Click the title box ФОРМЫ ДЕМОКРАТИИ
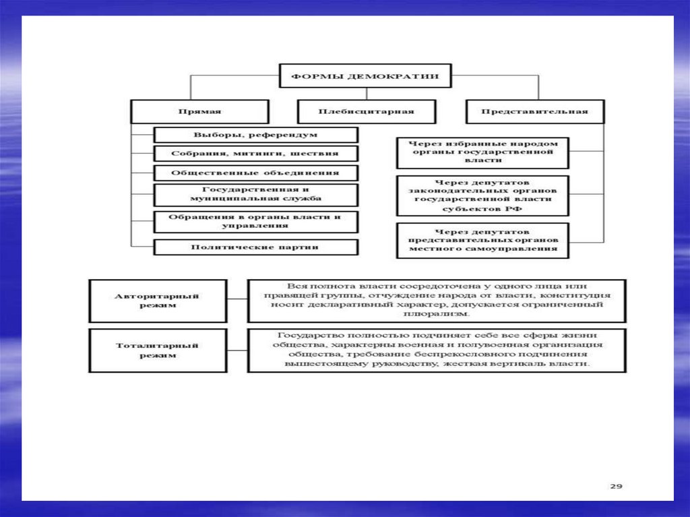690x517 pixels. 365,76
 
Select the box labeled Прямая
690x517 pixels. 199,111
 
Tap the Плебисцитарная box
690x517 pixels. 365,111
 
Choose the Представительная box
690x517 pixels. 534,111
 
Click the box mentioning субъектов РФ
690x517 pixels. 482,195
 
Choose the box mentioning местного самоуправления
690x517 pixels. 482,239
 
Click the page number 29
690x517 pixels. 615,485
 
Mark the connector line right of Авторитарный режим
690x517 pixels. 237,300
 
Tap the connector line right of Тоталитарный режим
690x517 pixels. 237,350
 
